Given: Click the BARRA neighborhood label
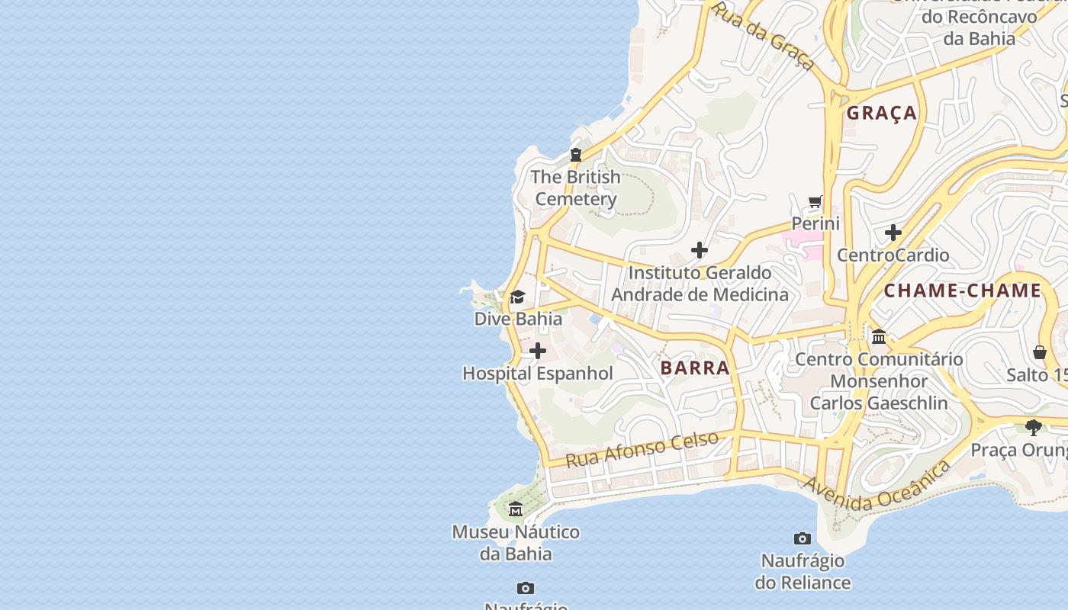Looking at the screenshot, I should click(x=695, y=368).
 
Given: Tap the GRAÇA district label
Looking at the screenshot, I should click(x=882, y=113).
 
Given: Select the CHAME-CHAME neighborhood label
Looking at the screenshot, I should click(x=962, y=291).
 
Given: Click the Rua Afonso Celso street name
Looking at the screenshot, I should click(x=642, y=449).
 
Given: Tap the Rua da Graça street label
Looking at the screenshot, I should click(x=763, y=35).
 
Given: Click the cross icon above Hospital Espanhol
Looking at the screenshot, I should click(x=538, y=351).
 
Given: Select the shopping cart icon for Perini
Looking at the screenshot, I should click(x=815, y=202).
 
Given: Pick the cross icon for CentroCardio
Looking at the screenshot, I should click(x=893, y=233).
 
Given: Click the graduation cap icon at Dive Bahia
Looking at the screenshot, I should click(x=518, y=297).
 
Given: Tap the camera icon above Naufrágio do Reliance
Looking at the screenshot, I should click(x=802, y=539).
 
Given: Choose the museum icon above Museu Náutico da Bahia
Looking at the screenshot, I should click(x=516, y=509).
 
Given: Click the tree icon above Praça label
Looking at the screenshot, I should click(x=1034, y=427).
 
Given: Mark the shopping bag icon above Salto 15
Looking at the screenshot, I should click(x=1040, y=352).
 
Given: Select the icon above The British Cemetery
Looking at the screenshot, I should click(x=576, y=155).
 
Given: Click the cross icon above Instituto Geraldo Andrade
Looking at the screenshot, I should click(x=700, y=250).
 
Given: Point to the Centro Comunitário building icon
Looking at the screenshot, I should click(x=879, y=336).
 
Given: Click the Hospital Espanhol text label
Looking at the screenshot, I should click(x=538, y=374).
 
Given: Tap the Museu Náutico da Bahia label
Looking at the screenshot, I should click(x=516, y=543).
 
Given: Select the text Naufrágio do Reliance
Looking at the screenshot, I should click(x=803, y=572).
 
